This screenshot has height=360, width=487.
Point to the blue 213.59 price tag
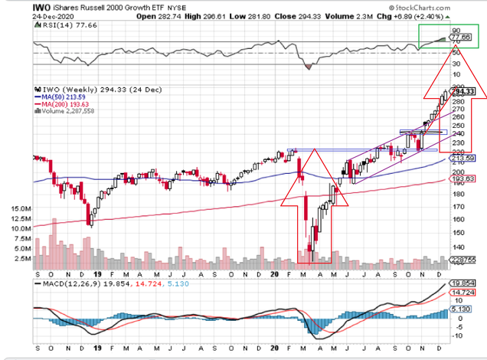[461, 159]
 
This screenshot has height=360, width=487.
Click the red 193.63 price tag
[461, 178]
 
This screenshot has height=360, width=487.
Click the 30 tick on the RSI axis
[456, 64]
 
